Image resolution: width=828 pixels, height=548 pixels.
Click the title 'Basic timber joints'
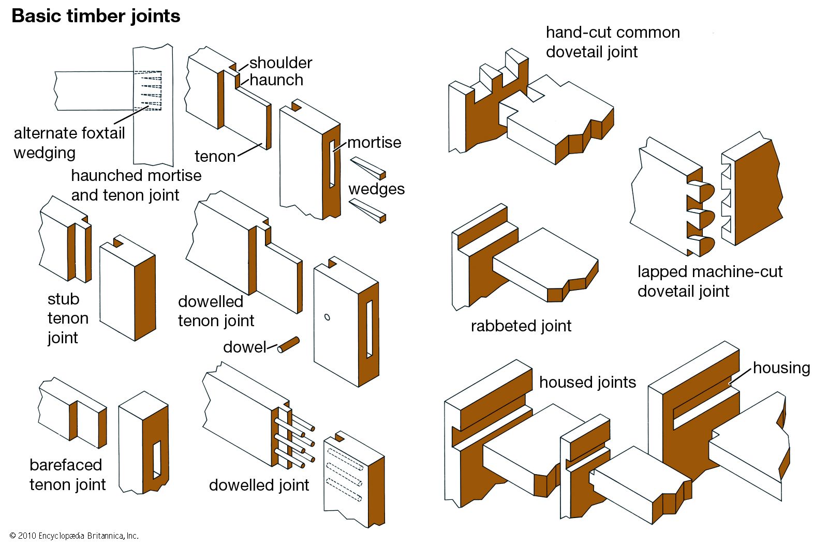point(96,16)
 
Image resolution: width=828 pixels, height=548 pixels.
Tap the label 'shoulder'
point(280,63)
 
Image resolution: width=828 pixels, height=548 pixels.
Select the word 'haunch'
point(276,80)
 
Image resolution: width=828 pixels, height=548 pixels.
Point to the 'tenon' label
point(215,156)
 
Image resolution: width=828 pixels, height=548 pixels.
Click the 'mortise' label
point(374,142)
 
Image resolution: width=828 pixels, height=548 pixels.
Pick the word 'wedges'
point(376,189)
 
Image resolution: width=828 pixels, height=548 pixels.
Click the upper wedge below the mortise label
point(368,168)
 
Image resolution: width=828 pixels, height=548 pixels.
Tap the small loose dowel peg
point(288,345)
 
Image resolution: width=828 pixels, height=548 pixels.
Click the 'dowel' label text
point(244,347)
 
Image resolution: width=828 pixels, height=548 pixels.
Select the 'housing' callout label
point(781,368)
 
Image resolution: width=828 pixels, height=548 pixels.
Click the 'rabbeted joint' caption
point(521,326)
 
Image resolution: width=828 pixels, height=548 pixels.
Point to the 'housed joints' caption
point(587,382)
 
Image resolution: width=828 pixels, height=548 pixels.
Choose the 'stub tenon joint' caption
point(67,318)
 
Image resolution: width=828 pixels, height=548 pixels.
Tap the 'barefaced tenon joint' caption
point(67,475)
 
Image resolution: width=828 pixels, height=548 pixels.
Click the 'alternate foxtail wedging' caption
point(69,143)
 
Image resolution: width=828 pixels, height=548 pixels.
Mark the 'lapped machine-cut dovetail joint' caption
point(709,281)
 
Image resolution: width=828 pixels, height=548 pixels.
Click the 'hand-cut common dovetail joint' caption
point(613,42)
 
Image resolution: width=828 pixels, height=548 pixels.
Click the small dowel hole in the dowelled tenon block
point(327,317)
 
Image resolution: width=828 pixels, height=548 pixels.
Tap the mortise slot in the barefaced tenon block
point(157,458)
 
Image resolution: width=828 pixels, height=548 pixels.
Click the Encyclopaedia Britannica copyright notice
point(74,536)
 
